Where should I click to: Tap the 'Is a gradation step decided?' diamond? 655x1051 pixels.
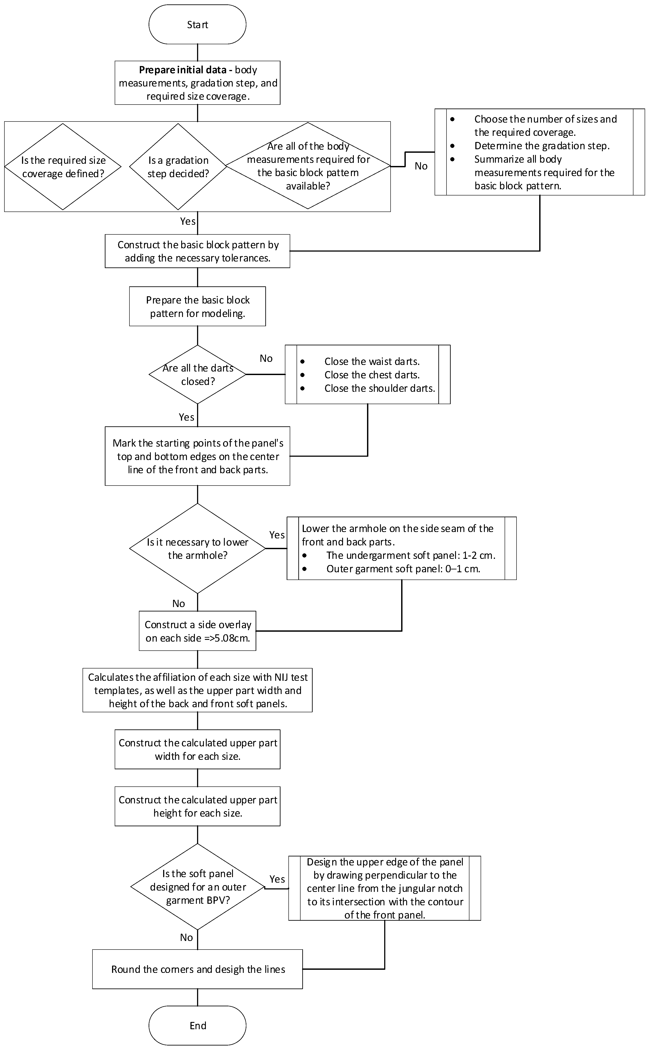click(x=178, y=167)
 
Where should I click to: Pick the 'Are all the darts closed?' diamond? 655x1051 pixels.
click(x=197, y=375)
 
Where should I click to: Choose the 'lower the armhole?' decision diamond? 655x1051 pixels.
click(x=197, y=548)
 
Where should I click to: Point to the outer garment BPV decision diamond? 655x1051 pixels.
click(x=197, y=887)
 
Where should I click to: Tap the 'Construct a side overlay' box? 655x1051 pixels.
click(x=197, y=631)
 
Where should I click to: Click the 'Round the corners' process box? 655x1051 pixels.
click(x=197, y=969)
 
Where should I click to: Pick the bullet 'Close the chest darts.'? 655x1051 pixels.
click(x=372, y=375)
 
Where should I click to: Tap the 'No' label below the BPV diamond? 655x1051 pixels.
click(x=186, y=937)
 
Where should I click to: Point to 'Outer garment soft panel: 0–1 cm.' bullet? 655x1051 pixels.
click(x=403, y=569)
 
